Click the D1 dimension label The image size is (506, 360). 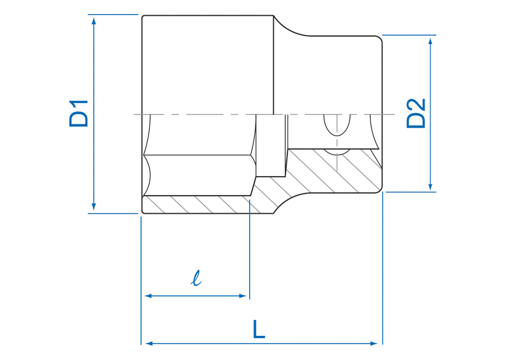(x=78, y=114)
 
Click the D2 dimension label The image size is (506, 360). (x=416, y=114)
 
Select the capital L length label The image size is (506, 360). (x=259, y=329)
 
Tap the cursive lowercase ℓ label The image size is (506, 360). (x=196, y=278)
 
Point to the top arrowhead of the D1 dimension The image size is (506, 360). (x=94, y=21)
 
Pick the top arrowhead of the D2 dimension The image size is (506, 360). (x=430, y=41)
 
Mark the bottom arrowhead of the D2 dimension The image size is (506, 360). (x=430, y=186)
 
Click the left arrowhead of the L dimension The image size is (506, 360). (x=148, y=344)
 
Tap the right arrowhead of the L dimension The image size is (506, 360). (x=374, y=344)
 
